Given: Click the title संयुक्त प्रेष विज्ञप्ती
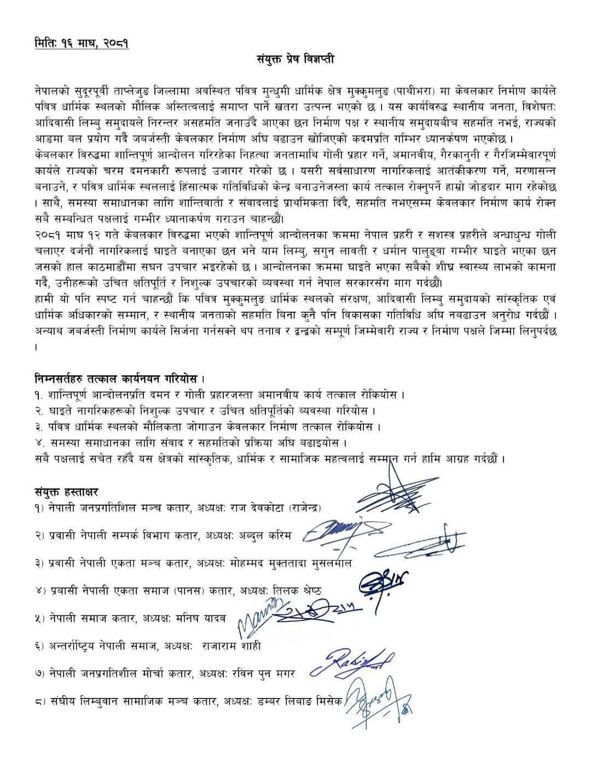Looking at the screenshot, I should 296,60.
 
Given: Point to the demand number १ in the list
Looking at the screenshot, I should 37,395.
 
